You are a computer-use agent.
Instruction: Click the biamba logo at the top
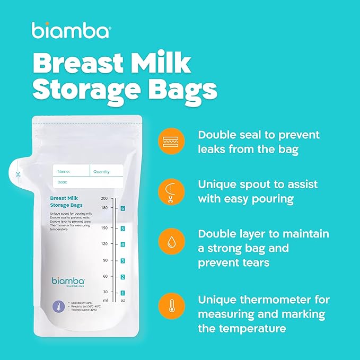coord(71,31)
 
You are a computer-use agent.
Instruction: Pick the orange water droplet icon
coord(171,241)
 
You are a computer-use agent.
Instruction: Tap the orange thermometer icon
coord(171,307)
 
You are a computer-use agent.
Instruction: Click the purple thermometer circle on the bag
coord(59,306)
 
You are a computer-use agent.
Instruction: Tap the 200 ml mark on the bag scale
coord(104,198)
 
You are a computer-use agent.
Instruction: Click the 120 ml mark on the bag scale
coord(104,244)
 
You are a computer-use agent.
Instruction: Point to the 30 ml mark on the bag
coord(105,292)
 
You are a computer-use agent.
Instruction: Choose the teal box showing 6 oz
coord(122,208)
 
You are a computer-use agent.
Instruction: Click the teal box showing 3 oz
coord(122,261)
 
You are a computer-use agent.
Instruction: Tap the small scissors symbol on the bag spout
coord(17,174)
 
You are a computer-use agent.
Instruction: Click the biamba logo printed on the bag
coord(67,280)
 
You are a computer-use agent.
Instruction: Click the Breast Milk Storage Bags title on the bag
coord(65,201)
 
